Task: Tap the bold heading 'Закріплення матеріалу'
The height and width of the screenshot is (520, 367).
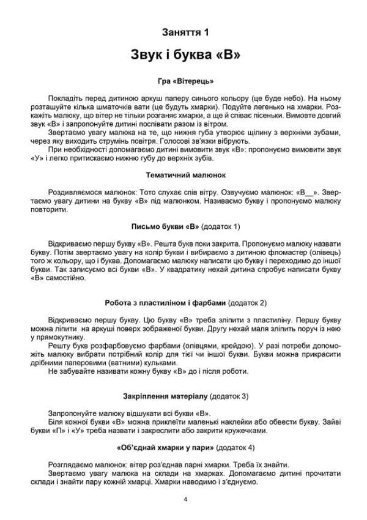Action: (x=164, y=396)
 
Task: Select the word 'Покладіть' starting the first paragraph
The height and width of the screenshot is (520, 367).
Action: (x=65, y=98)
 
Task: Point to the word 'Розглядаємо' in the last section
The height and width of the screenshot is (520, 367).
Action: (x=70, y=464)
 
